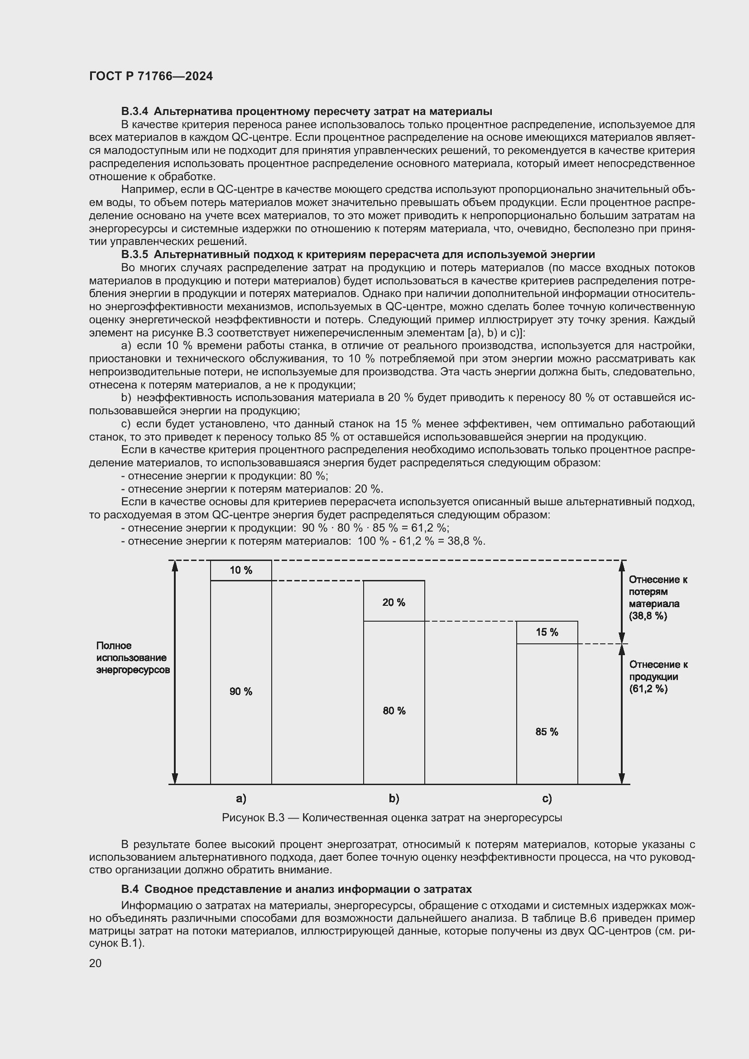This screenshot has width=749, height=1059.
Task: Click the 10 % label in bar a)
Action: point(241,570)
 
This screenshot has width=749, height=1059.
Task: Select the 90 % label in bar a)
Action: point(241,691)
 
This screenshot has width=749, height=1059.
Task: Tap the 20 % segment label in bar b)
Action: point(394,602)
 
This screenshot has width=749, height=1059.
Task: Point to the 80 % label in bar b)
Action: point(394,711)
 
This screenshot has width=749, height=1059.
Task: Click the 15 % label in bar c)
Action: point(547,633)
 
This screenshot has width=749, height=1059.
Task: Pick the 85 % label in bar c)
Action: point(547,732)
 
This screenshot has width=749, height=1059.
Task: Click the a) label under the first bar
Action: point(241,798)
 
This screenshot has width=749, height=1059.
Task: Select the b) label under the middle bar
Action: point(394,798)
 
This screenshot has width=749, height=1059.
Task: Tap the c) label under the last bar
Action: point(547,798)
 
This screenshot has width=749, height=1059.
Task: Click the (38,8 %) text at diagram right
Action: point(648,616)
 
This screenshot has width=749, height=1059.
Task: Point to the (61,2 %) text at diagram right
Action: point(648,689)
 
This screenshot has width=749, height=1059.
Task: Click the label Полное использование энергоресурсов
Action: point(132,658)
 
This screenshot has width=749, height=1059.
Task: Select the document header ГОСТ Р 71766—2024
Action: point(151,77)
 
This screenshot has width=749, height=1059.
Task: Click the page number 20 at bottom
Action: point(96,963)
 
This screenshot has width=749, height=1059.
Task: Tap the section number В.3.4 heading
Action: point(135,112)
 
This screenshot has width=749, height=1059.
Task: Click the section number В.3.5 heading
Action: point(135,254)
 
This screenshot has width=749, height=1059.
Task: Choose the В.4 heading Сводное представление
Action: point(297,889)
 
